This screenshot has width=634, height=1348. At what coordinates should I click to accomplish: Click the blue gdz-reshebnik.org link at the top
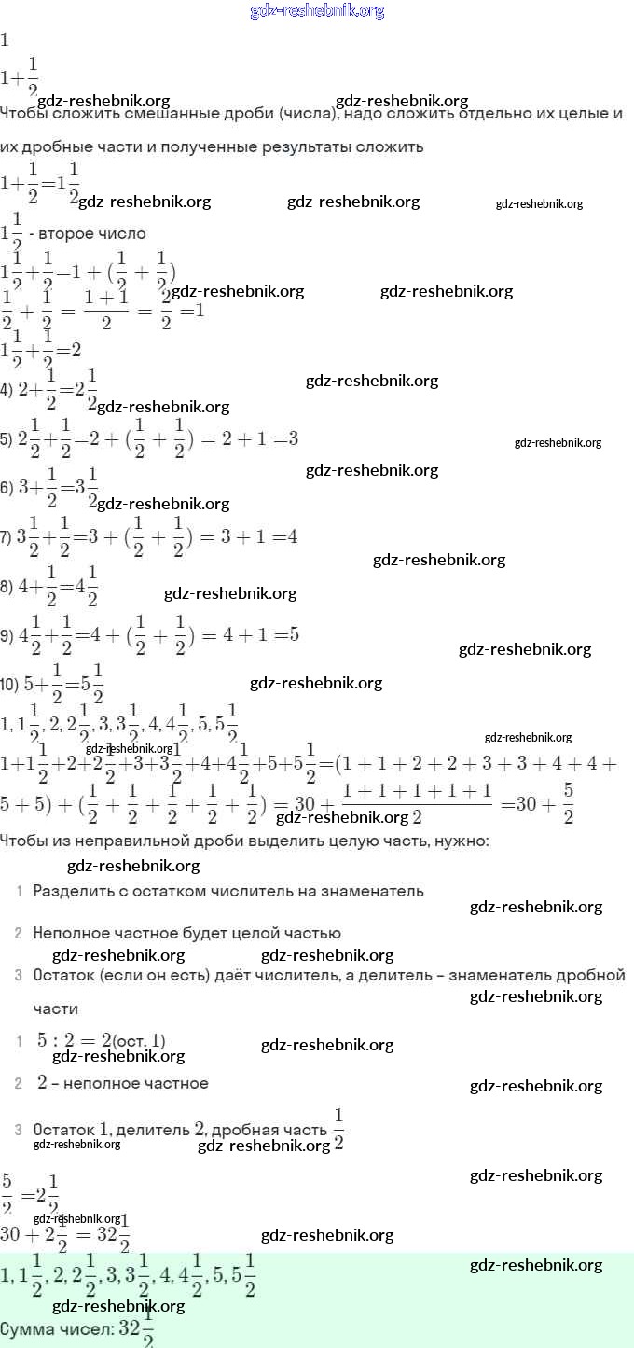(317, 11)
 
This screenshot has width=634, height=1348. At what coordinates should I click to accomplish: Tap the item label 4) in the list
(7, 390)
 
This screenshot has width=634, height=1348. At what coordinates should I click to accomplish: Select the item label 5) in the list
(7, 439)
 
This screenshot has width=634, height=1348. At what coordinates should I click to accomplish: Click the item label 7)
(7, 538)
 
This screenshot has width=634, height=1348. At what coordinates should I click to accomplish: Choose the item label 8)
(7, 587)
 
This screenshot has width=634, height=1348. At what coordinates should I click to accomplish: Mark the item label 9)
(7, 636)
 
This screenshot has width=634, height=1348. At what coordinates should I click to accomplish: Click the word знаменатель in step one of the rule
(373, 891)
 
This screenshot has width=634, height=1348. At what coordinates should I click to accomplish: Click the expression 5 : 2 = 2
(75, 1040)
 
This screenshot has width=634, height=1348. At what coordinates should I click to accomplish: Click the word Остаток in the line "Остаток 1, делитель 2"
(63, 1130)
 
